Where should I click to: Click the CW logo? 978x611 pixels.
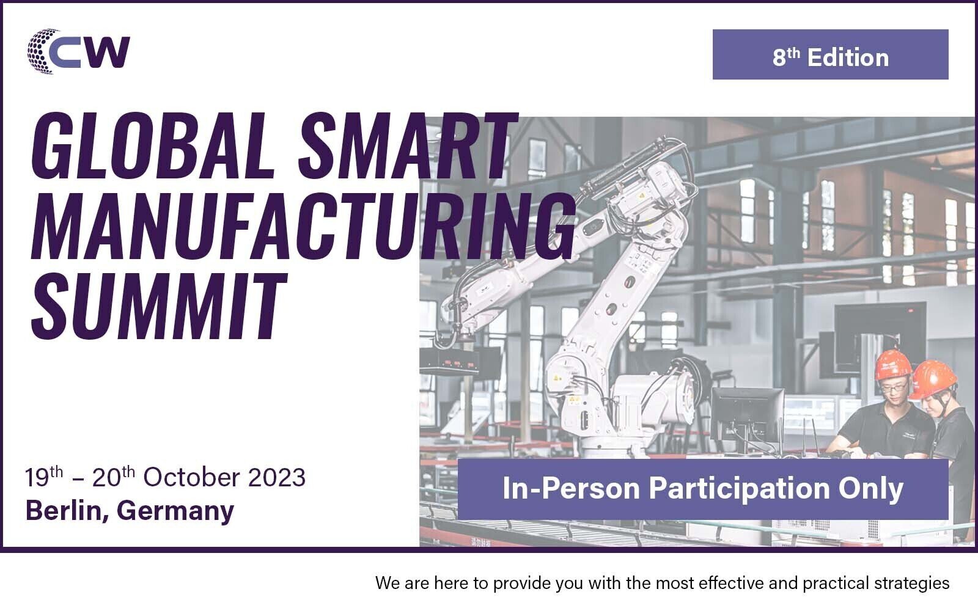click(79, 51)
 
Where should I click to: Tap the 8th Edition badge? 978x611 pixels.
click(831, 54)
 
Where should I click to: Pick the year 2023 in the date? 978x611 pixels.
click(277, 477)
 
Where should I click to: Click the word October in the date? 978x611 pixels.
click(192, 477)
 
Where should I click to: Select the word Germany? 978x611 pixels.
click(175, 511)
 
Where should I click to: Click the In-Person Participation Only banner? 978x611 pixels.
click(703, 489)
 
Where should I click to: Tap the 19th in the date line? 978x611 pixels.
click(44, 477)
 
